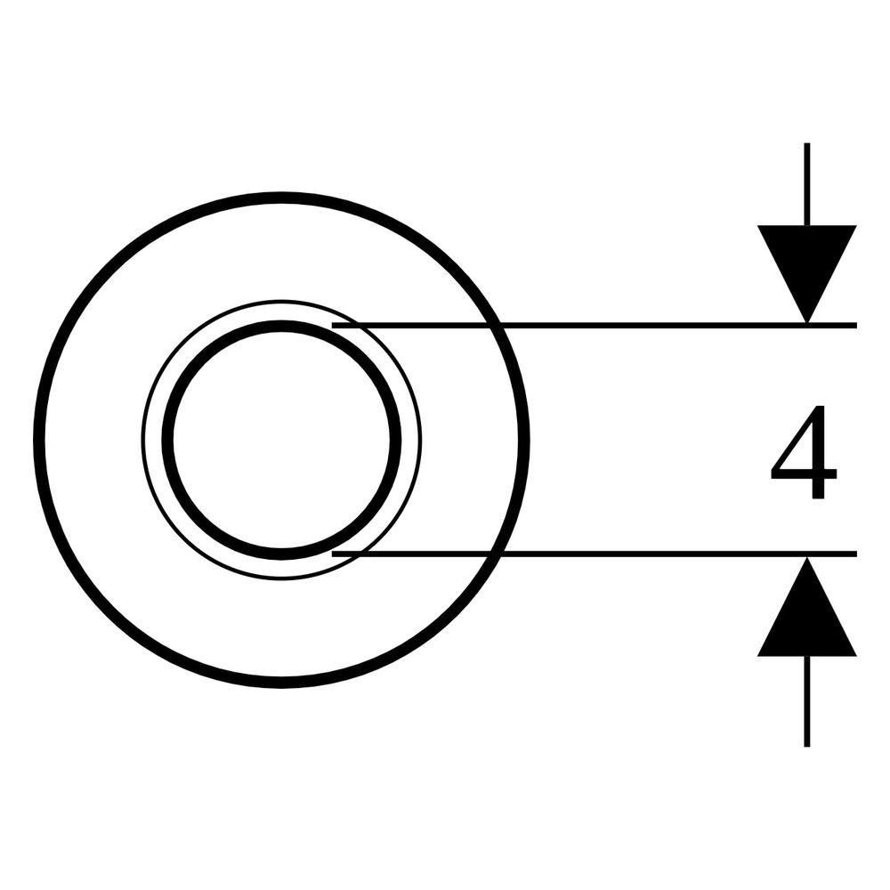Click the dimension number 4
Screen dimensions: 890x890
click(803, 451)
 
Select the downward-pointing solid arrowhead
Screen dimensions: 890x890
click(806, 267)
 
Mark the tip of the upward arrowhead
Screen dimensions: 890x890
click(806, 557)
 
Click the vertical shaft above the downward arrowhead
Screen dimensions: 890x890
click(806, 184)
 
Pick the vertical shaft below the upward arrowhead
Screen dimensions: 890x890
click(806, 701)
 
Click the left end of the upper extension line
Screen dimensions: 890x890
click(332, 325)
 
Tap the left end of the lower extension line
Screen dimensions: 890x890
click(332, 554)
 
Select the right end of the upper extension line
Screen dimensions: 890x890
click(856, 325)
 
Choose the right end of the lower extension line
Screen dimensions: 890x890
click(856, 554)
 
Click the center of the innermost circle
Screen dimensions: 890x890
click(281, 440)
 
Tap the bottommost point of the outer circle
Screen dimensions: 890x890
click(281, 682)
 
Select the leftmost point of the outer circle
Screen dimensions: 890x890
click(40, 440)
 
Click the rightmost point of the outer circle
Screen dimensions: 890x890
click(524, 440)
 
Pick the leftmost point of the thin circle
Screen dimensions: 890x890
click(142, 440)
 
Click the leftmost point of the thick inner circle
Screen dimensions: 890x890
click(167, 440)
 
